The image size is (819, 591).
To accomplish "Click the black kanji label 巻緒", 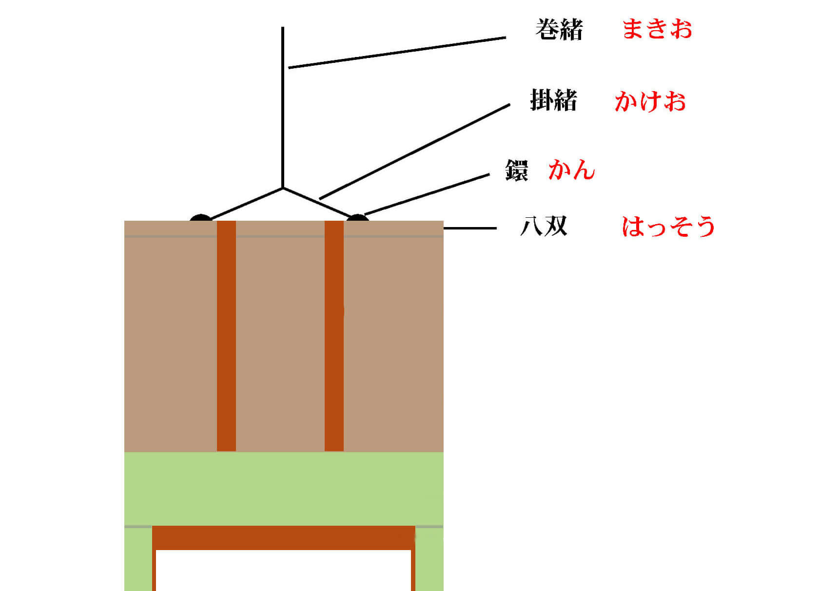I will [559, 30].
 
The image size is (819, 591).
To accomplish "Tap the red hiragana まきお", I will [657, 29].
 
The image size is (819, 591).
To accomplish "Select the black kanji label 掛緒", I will [553, 101].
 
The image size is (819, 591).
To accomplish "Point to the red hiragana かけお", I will [650, 102].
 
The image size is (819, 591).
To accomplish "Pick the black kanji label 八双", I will [544, 227].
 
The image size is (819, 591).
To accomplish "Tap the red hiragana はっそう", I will [668, 227].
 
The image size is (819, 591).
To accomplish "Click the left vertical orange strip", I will [226, 336].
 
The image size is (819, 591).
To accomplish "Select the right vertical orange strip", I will [334, 336].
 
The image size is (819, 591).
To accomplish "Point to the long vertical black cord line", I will [283, 107].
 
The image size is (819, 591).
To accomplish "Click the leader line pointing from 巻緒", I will [397, 52].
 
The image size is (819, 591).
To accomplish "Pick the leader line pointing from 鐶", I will [427, 194].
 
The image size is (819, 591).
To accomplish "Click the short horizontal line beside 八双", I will [470, 228].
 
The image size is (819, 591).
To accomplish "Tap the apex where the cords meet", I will [283, 188].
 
